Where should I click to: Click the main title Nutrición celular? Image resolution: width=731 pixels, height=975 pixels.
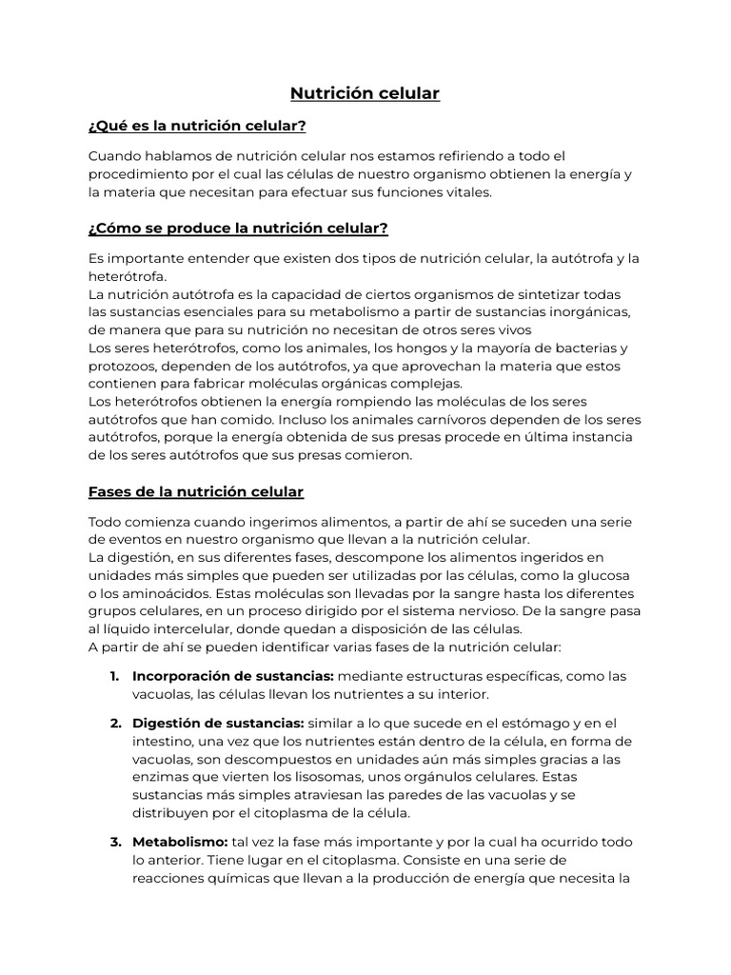[365, 93]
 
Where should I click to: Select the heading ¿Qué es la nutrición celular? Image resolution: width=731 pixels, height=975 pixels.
[197, 126]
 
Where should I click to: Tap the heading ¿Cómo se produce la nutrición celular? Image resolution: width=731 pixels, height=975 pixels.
[238, 229]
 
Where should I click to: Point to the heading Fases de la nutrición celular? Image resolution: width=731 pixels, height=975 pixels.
[196, 492]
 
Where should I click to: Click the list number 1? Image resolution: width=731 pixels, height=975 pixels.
[114, 676]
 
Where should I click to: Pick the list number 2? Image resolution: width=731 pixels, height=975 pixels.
[114, 724]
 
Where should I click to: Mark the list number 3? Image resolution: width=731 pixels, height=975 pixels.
[114, 843]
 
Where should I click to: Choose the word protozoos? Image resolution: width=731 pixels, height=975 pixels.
[124, 367]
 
